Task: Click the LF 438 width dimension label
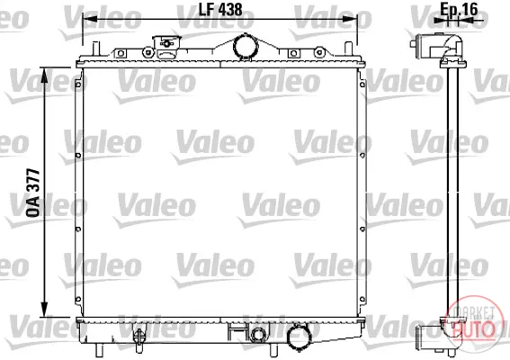click(220, 9)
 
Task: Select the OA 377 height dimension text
click(33, 193)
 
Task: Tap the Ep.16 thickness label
click(459, 9)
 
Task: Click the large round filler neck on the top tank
click(246, 47)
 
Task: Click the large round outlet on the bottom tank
click(299, 337)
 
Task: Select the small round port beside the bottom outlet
click(258, 334)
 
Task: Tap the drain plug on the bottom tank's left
click(139, 337)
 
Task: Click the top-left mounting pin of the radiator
click(95, 49)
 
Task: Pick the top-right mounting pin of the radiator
click(348, 49)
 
